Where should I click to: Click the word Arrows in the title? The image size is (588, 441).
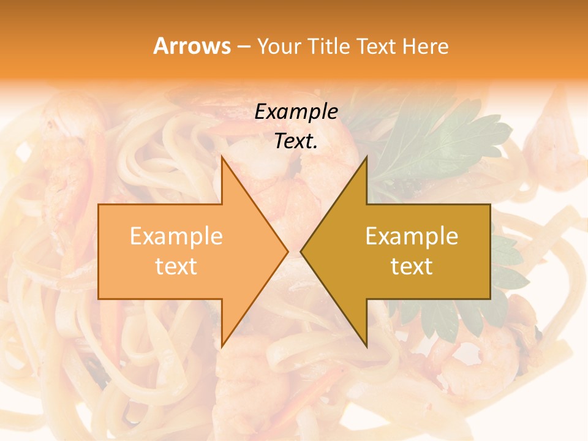[192, 46]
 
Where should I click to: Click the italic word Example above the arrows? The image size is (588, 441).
[296, 112]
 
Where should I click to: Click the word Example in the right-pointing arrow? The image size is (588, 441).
[176, 236]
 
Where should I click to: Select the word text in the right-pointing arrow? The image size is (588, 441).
[176, 266]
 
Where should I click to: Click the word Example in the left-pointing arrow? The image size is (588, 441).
[412, 236]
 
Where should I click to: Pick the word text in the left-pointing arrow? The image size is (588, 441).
[412, 266]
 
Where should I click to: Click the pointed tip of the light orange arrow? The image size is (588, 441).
[287, 251]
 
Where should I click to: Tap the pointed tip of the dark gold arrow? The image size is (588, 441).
[301, 251]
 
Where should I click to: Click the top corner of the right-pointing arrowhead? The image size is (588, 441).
[222, 157]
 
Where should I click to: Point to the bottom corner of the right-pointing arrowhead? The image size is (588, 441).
[222, 346]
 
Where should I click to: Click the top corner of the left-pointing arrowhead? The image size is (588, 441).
[366, 157]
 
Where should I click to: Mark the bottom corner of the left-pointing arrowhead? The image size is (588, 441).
[366, 346]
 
